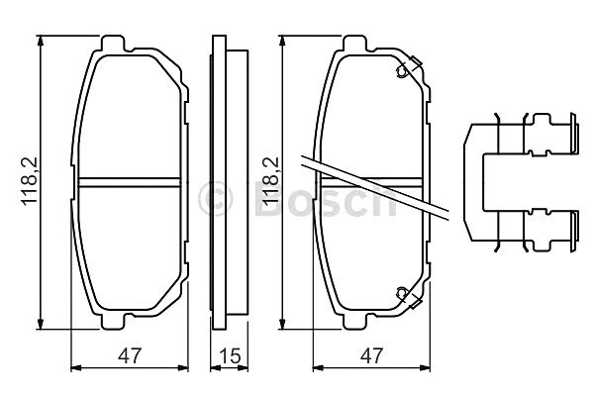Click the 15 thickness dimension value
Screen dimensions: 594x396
coord(231,355)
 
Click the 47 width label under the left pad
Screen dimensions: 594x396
coord(130,355)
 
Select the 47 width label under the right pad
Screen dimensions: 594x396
coord(371,355)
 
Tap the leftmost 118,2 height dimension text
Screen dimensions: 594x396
coord(30,181)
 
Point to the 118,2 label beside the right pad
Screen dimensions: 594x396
coord(270,181)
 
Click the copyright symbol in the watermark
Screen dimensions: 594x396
coord(215,198)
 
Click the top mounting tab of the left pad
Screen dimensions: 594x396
coord(113,44)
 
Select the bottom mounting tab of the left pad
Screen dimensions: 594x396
coord(113,322)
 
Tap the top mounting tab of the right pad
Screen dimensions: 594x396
coord(354,44)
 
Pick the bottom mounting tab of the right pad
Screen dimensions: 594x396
coord(354,322)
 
